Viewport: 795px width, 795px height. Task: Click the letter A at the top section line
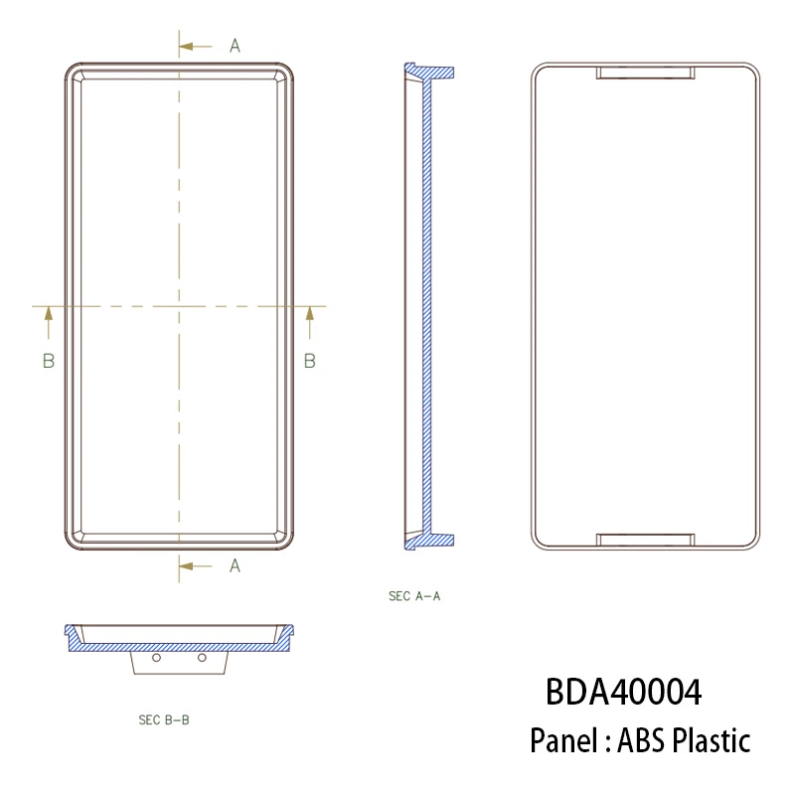click(x=236, y=46)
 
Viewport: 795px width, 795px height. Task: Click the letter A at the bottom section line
click(x=236, y=565)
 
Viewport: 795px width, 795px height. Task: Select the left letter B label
click(x=48, y=361)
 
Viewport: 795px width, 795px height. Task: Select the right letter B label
click(x=309, y=361)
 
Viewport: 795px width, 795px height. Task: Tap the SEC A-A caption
click(x=413, y=596)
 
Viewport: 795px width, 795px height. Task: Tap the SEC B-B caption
click(x=163, y=719)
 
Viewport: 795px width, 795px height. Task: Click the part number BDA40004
click(x=623, y=692)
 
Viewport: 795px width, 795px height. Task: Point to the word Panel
click(x=562, y=740)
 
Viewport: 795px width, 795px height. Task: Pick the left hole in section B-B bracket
click(x=155, y=658)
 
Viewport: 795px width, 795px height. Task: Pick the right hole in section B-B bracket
click(x=202, y=658)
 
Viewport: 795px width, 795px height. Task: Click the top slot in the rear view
click(x=645, y=73)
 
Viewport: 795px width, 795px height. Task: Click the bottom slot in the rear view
click(x=645, y=540)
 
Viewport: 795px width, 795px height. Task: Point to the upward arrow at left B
click(x=48, y=316)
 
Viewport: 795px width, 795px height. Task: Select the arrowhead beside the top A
click(x=187, y=46)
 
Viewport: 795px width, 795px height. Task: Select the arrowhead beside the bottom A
click(x=187, y=565)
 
